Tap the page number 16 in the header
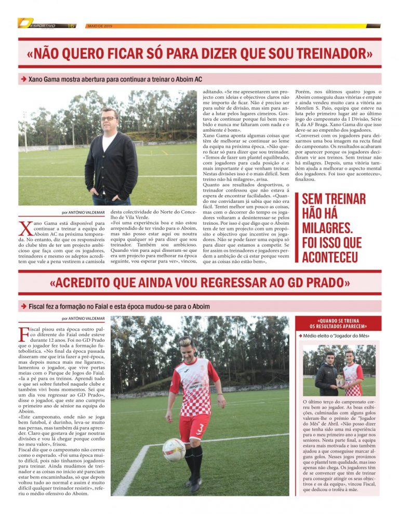pyautogui.click(x=71, y=25)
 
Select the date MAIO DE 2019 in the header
pyautogui.click(x=100, y=25)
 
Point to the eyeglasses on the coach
pyautogui.click(x=109, y=119)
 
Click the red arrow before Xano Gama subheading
pyautogui.click(x=24, y=79)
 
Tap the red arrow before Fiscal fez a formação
pyautogui.click(x=24, y=306)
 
